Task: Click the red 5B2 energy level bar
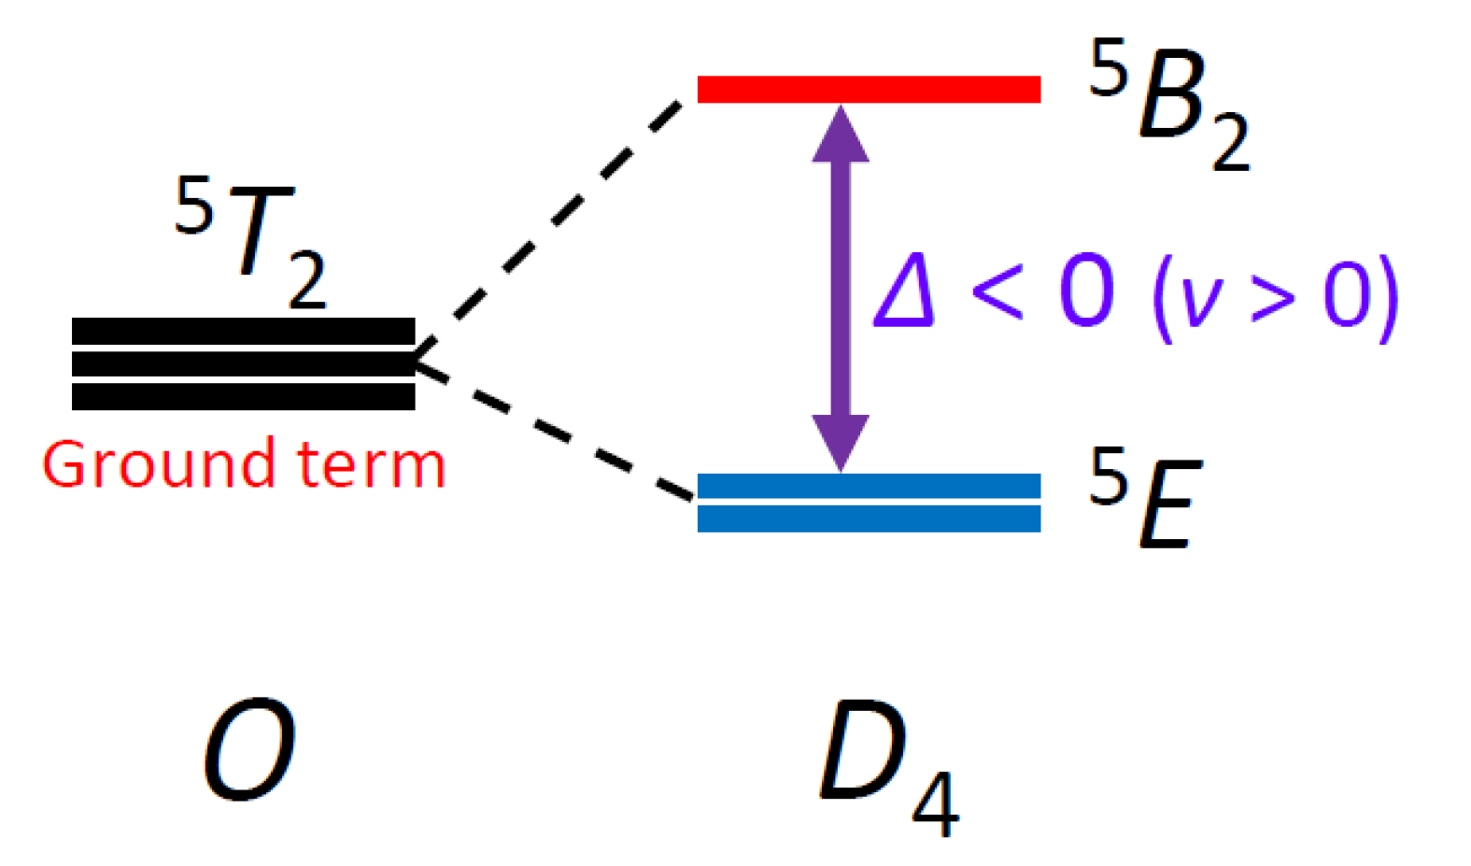tap(869, 89)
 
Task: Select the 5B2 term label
tap(1167, 103)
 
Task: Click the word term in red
tap(371, 464)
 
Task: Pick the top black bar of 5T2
tap(243, 331)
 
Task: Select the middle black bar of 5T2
tap(243, 363)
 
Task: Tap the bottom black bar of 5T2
tap(243, 396)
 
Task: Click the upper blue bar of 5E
tap(869, 486)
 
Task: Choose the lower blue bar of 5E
tap(869, 518)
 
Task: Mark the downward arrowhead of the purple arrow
tap(841, 441)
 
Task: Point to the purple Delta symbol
tap(904, 291)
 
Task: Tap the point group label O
tap(249, 749)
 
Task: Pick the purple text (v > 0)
tap(1275, 297)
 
